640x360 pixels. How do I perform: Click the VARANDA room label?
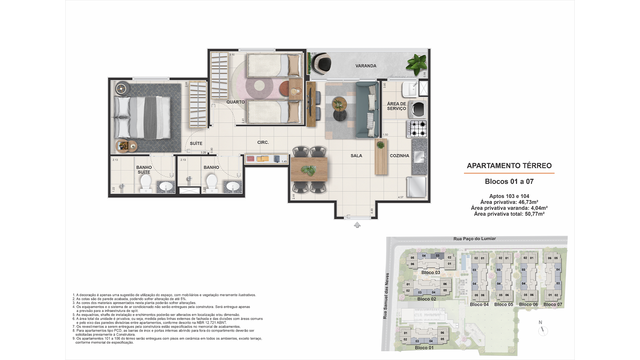click(366, 66)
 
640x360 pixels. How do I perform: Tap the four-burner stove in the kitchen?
click(417, 129)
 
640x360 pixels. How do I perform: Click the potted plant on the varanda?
click(417, 64)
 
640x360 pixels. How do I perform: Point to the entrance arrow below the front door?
click(357, 225)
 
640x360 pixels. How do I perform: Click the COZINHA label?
click(399, 156)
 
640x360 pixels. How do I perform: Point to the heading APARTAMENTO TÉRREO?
click(509, 166)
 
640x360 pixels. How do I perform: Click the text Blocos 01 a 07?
click(509, 182)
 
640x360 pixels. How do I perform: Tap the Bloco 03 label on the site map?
click(430, 272)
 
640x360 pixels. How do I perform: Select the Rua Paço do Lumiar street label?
click(474, 239)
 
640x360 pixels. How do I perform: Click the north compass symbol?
click(543, 330)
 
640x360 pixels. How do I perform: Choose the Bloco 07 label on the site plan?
click(553, 304)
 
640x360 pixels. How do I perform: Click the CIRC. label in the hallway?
click(263, 142)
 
